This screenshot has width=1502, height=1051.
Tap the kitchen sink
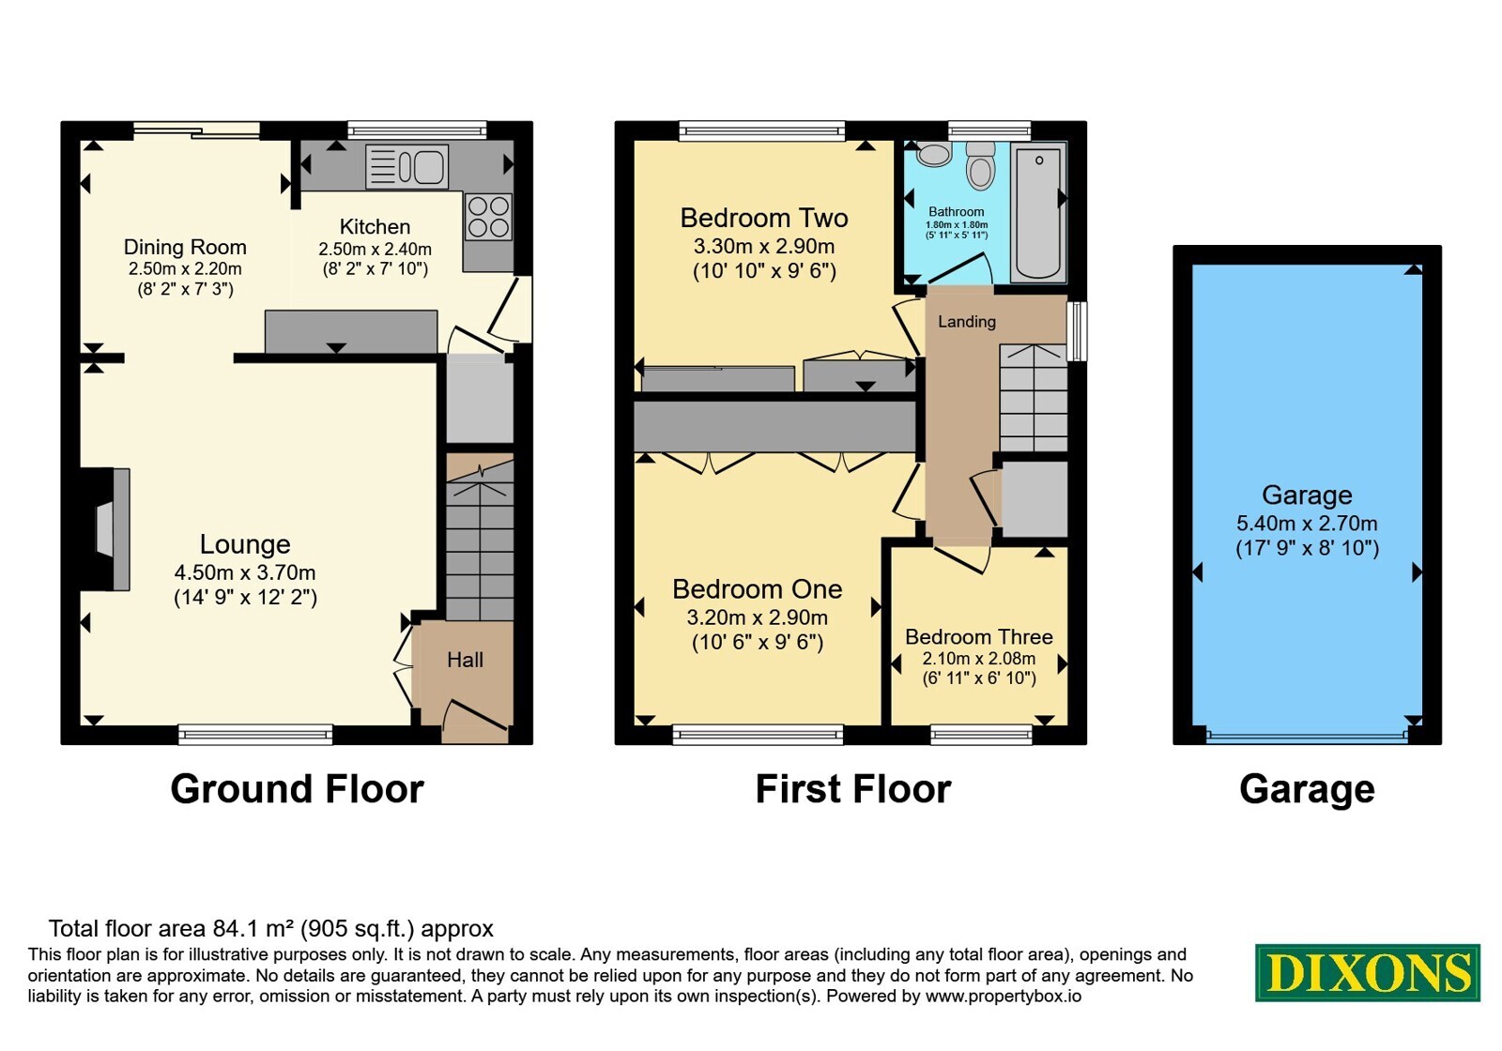tap(407, 166)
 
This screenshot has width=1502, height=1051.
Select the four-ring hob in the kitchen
tap(489, 217)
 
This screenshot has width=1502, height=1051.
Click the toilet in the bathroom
tap(980, 164)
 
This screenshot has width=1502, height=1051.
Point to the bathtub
tap(1038, 212)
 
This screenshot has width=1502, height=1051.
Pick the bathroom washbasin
tap(933, 154)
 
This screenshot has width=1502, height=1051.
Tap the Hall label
tap(465, 661)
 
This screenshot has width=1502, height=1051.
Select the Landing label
tap(966, 322)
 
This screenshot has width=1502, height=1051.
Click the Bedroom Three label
tap(979, 637)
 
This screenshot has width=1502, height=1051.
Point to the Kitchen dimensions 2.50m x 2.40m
tap(375, 250)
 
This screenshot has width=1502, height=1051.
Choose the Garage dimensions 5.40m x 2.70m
tap(1307, 524)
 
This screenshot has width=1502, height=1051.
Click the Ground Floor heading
tap(297, 789)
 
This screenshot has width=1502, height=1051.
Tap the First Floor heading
tap(853, 789)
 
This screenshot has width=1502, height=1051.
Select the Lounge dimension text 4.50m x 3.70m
tap(245, 572)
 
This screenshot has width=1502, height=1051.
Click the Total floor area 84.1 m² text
tap(271, 928)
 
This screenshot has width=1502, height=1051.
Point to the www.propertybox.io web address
tap(1004, 996)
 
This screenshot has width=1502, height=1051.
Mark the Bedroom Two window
tap(761, 130)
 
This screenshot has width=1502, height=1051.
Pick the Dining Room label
tap(185, 248)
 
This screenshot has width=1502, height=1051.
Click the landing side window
tap(1077, 331)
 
